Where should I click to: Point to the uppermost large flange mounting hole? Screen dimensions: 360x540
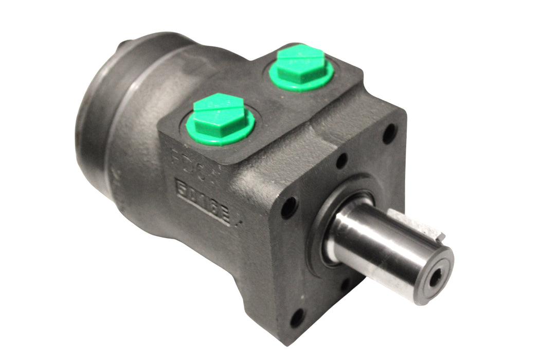(389, 133)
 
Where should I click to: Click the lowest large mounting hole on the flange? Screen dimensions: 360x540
(297, 318)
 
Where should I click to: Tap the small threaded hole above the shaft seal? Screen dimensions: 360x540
(341, 160)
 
